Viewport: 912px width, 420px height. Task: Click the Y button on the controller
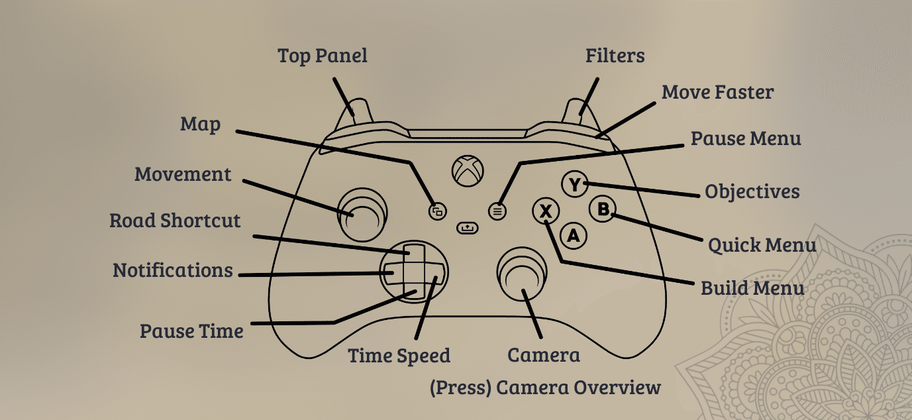pos(574,184)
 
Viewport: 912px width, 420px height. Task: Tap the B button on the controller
pos(603,209)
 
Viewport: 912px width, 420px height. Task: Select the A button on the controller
pos(574,235)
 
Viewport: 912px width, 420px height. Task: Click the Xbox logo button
pos(468,171)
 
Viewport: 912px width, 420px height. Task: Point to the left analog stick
pos(362,214)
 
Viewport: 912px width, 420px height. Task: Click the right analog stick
pos(521,274)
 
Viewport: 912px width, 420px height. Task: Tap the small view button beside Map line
pos(438,211)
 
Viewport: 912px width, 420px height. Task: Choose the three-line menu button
pos(497,211)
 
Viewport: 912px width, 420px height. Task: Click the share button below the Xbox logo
pos(468,228)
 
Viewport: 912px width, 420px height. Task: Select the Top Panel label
pos(323,56)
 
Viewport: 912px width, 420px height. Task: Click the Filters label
pos(615,56)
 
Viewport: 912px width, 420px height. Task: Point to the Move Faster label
pos(717,92)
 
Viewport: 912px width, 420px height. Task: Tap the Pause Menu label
pos(746,138)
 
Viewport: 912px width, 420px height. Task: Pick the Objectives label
pos(752,192)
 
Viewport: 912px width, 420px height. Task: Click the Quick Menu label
pos(762,245)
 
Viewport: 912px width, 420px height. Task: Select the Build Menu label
pos(752,288)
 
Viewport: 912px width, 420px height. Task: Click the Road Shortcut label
pos(175,221)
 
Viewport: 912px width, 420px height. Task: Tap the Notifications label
pos(173,270)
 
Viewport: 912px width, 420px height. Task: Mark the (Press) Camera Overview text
pos(545,388)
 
